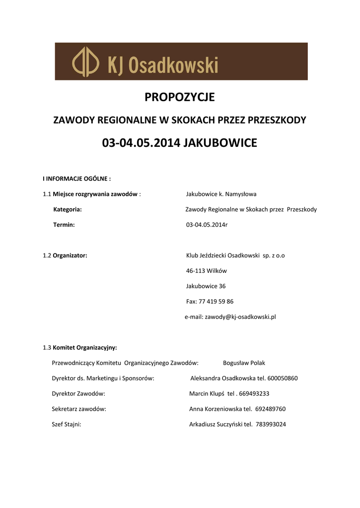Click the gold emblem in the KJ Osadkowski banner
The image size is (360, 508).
(x=85, y=62)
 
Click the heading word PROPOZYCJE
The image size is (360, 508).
(x=180, y=98)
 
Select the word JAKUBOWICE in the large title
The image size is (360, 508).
(x=220, y=143)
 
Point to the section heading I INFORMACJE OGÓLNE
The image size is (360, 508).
(x=76, y=179)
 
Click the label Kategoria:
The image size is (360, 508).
(x=68, y=209)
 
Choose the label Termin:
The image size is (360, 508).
(x=64, y=225)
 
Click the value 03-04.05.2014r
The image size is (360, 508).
(x=207, y=225)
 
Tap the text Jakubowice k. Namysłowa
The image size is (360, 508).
(x=221, y=194)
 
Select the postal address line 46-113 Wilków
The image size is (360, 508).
(x=206, y=271)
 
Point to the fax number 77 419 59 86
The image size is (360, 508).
(x=216, y=302)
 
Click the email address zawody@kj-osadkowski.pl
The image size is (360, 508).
(x=240, y=317)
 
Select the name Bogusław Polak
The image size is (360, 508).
(x=244, y=363)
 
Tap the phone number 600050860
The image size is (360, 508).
(x=282, y=379)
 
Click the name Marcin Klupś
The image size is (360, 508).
(x=207, y=394)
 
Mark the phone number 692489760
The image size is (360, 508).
(x=270, y=409)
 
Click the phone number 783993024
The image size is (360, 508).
(x=271, y=425)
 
